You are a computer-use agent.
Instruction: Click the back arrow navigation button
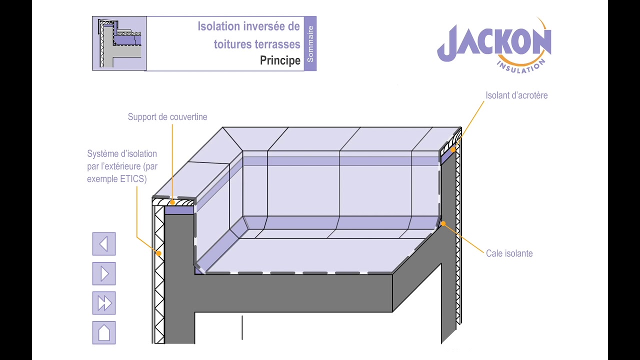click(x=104, y=243)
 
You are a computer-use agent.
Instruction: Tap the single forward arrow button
click(x=104, y=273)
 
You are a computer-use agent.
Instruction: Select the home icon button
click(x=104, y=332)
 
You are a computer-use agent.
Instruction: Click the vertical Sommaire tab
click(x=310, y=43)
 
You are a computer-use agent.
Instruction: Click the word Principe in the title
click(x=280, y=60)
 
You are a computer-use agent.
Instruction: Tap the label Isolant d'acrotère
click(x=516, y=95)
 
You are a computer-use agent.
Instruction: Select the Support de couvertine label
click(x=167, y=117)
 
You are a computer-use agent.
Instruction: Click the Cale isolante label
click(x=509, y=253)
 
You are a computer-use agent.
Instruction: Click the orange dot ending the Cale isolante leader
click(x=443, y=223)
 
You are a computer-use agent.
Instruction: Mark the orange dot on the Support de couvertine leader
click(x=172, y=202)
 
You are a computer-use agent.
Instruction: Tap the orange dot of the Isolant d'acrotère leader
click(x=453, y=149)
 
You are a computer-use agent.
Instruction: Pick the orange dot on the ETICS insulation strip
click(x=159, y=253)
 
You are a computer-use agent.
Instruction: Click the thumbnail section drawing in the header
click(x=119, y=43)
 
